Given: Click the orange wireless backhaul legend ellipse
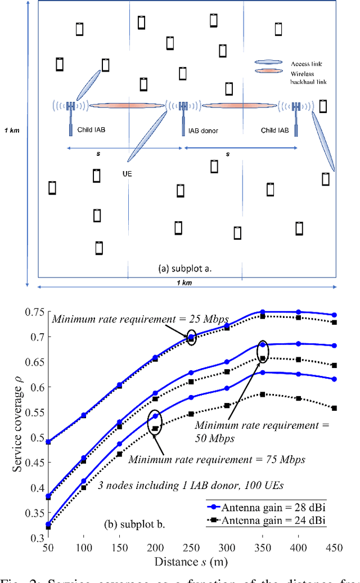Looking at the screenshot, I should pyautogui.click(x=268, y=71).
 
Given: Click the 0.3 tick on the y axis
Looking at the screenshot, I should pyautogui.click(x=35, y=539).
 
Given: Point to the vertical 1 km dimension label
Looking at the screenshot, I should pyautogui.click(x=9, y=131).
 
